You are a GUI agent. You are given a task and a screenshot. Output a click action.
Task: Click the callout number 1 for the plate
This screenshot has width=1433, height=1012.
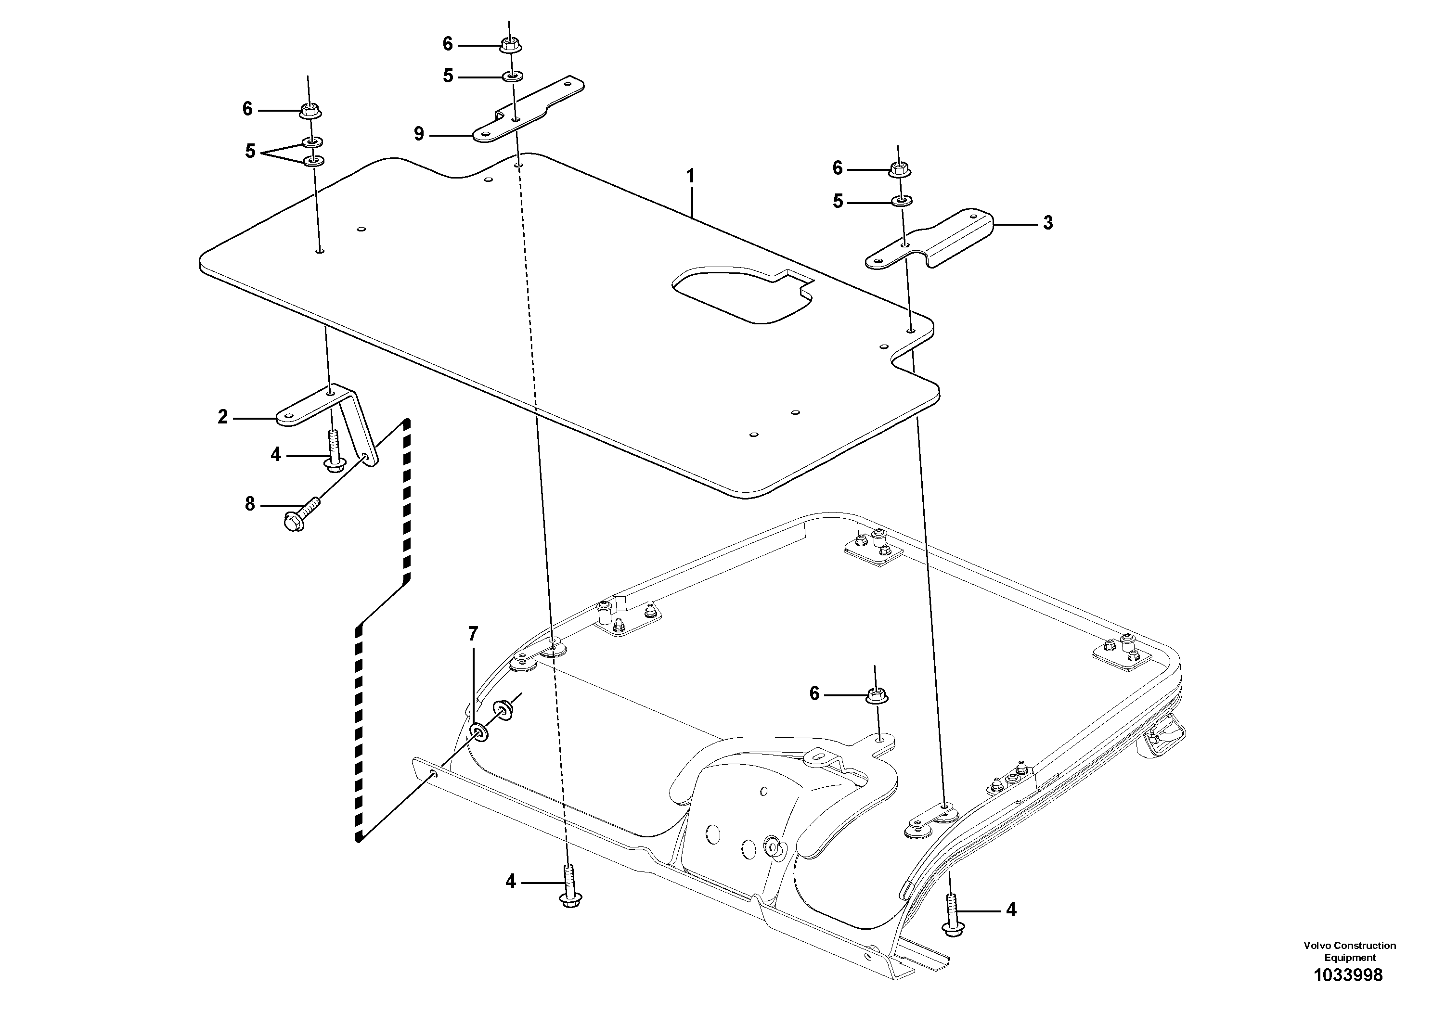point(690,176)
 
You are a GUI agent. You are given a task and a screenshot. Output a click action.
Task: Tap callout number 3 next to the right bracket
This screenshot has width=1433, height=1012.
point(1047,223)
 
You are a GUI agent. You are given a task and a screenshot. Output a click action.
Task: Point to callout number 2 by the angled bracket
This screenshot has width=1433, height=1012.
point(223,417)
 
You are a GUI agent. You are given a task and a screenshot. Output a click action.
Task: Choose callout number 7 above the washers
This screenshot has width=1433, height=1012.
point(473,635)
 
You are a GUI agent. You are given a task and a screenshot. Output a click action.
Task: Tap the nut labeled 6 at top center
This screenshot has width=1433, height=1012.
point(511,44)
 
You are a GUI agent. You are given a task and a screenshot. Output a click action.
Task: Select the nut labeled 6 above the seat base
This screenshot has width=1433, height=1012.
point(876,694)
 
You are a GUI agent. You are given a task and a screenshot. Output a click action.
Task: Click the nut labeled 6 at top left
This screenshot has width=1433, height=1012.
point(310,112)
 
